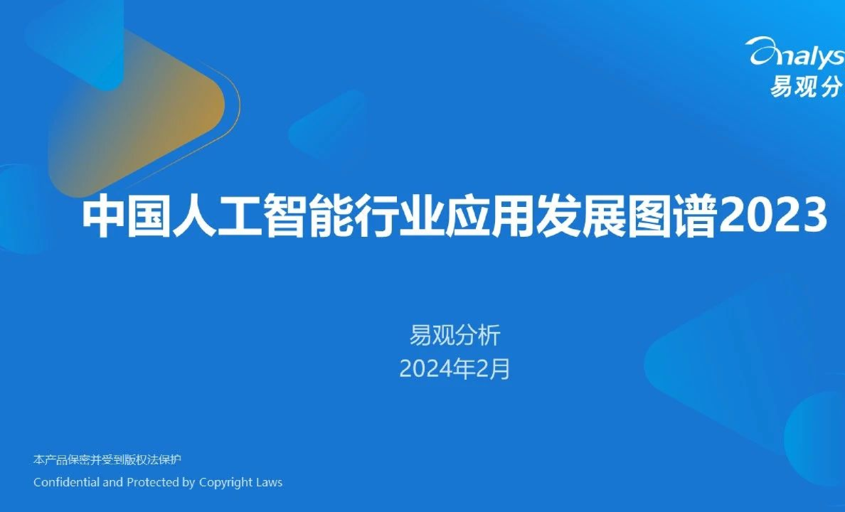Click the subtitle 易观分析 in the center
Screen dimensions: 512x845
tap(455, 334)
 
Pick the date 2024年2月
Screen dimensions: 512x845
tap(455, 369)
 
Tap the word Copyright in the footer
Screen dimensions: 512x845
tap(227, 482)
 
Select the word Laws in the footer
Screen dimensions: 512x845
tap(270, 482)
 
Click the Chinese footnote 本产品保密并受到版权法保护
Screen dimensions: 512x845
tap(107, 459)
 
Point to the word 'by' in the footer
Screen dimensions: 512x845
tap(188, 482)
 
